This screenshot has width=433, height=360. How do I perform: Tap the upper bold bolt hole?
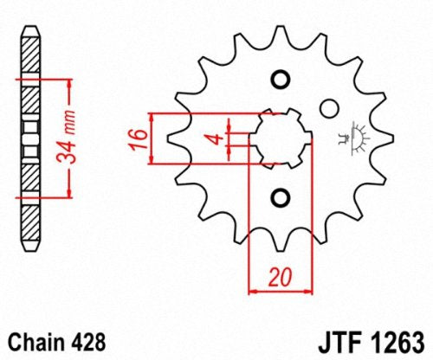(x=279, y=80)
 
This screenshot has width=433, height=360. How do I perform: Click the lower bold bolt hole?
(x=279, y=197)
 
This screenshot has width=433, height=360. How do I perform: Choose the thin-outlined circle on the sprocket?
(x=327, y=108)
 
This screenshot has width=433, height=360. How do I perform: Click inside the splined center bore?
(x=279, y=138)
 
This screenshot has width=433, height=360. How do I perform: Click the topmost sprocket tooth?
(x=279, y=33)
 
